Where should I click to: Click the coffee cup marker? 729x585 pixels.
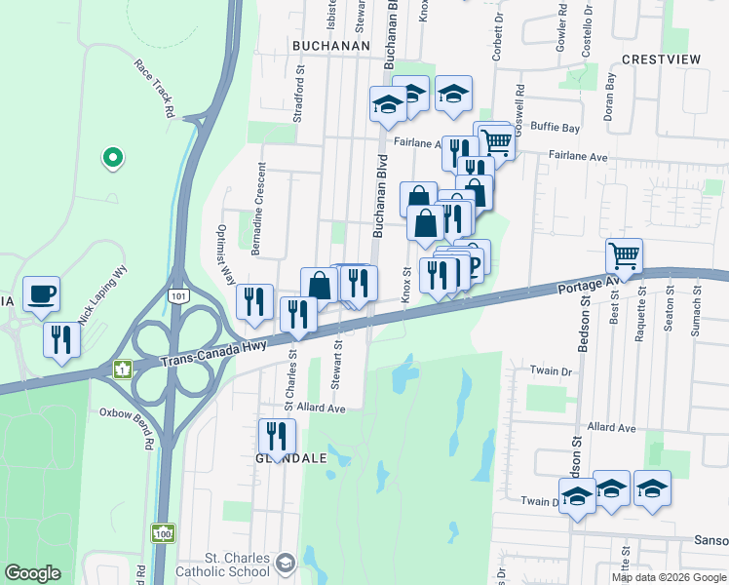[x=41, y=293]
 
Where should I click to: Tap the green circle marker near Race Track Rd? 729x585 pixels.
[x=113, y=156]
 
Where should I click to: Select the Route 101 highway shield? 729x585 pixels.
[x=176, y=294]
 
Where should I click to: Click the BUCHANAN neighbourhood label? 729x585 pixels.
[x=330, y=46]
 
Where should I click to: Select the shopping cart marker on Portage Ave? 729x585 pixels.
[x=624, y=256]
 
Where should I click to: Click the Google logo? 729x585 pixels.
[x=33, y=573]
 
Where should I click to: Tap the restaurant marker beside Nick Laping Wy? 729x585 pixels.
[x=59, y=340]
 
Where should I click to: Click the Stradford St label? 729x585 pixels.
[x=299, y=95]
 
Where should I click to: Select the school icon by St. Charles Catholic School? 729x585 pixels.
[x=285, y=563]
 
